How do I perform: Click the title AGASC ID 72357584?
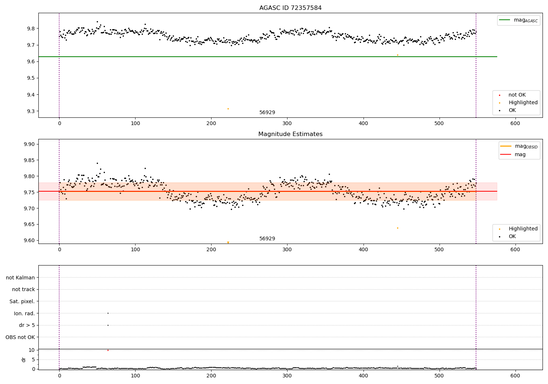pos(290,8)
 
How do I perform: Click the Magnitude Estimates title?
pos(290,134)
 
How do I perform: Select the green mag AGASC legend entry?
pos(518,20)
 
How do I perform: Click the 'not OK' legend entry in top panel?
pos(517,95)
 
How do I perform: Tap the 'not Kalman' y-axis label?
pos(20,278)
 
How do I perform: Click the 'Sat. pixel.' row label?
pos(22,301)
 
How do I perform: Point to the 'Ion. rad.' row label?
pos(24,313)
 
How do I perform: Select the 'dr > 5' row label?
pos(27,325)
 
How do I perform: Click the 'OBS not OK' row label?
pos(20,337)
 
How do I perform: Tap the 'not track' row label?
pos(23,289)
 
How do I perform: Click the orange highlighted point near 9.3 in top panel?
pos(228,109)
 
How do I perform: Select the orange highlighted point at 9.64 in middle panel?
pos(397,228)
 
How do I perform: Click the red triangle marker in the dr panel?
pos(108,350)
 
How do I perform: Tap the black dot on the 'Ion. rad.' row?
pos(108,313)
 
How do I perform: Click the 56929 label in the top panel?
pos(267,113)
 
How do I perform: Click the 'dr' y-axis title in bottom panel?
pos(24,359)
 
